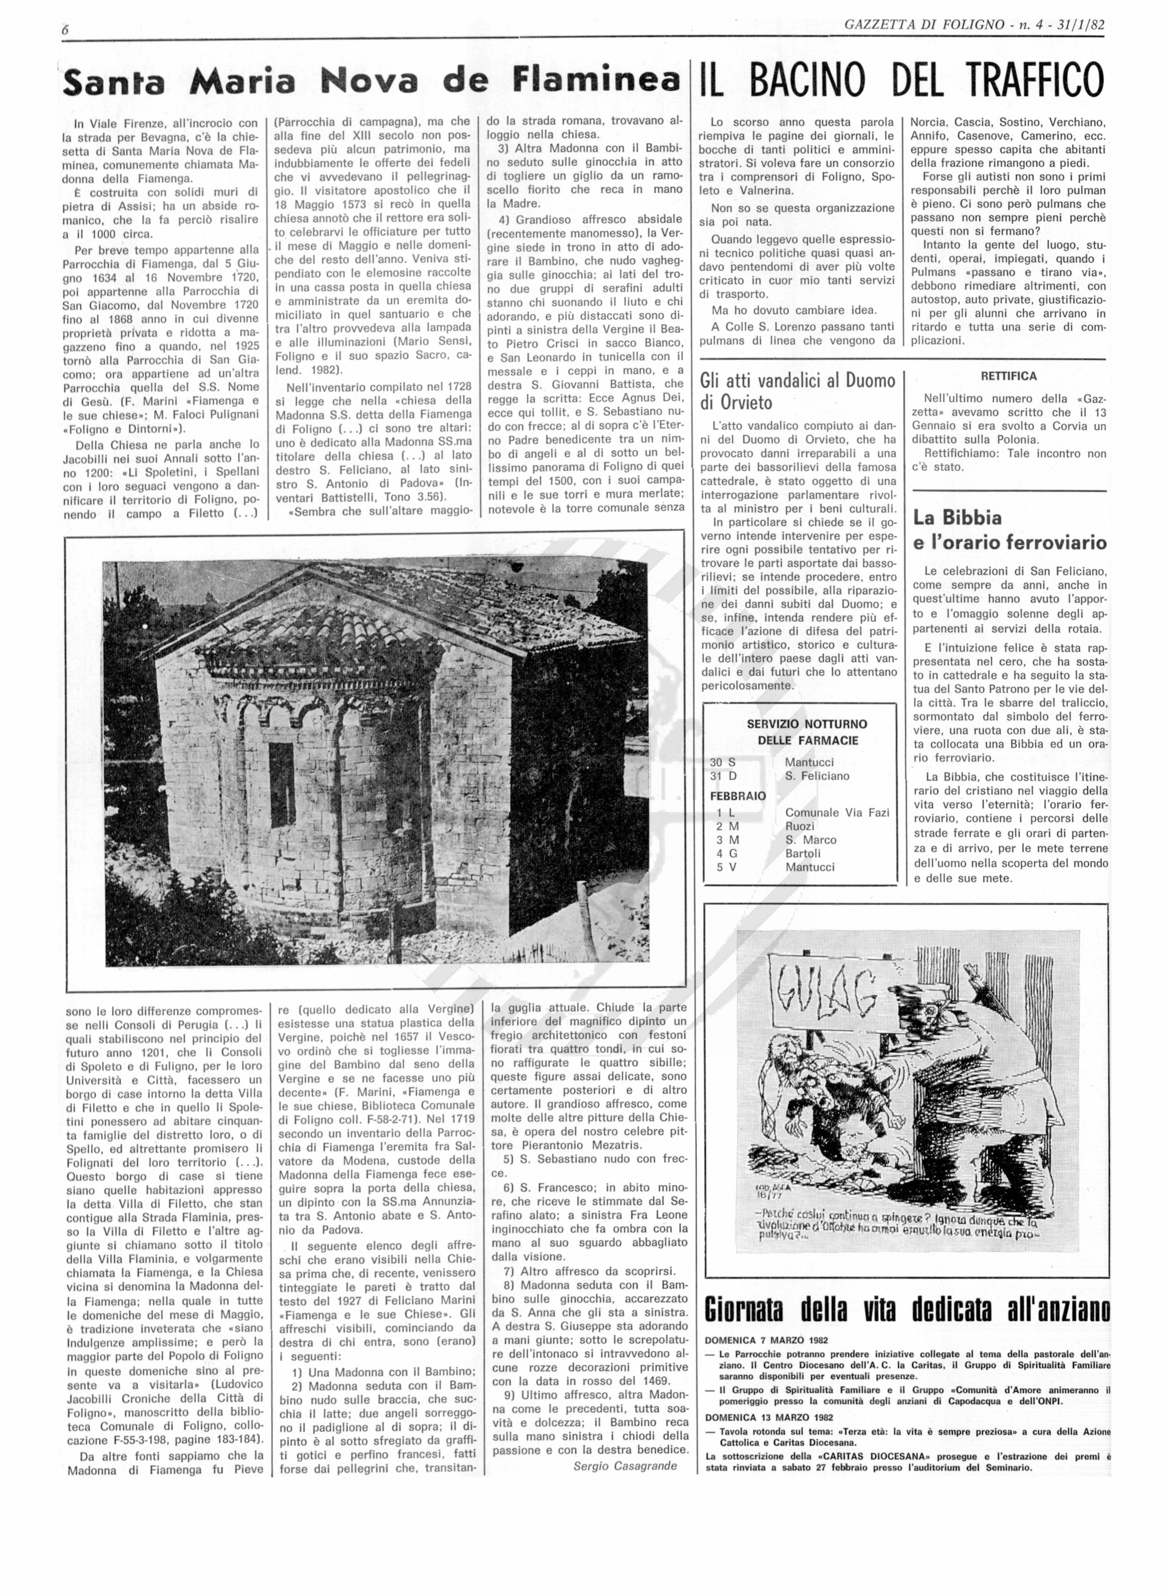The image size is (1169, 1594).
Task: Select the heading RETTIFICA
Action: (x=1008, y=376)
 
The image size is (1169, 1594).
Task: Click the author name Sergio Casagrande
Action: (x=625, y=1465)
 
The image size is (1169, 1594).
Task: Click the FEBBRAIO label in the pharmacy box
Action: (x=738, y=796)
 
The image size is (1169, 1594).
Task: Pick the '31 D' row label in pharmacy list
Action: (x=723, y=776)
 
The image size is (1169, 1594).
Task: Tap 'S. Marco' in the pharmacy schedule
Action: (x=810, y=840)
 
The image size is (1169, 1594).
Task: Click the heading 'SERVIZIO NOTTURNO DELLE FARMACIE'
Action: (x=807, y=732)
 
